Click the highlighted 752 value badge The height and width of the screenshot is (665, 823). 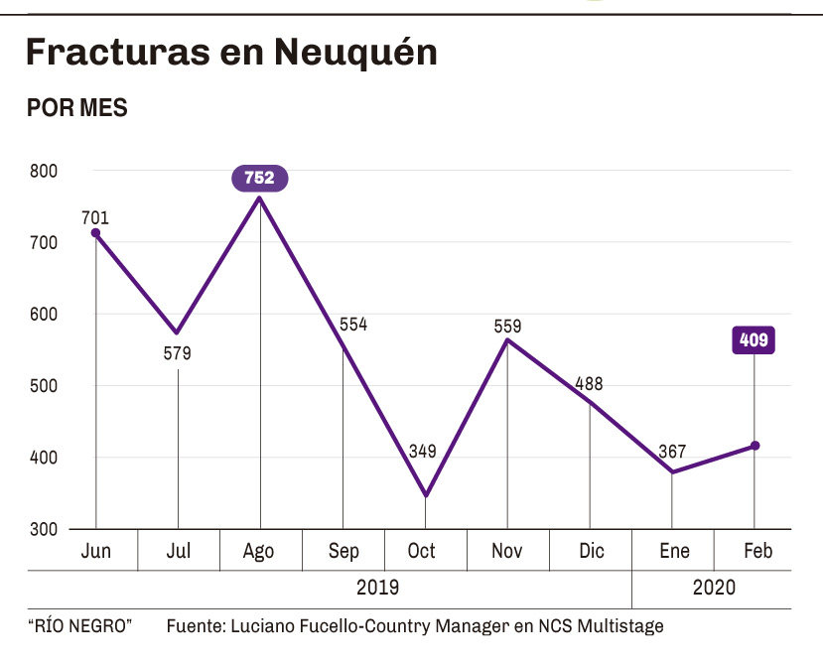click(260, 179)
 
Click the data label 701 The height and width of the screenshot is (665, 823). click(96, 218)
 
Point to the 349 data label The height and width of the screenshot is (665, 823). click(423, 452)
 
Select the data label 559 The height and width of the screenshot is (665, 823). click(507, 326)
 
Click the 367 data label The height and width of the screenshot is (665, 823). click(672, 452)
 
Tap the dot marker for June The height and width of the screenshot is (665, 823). click(96, 233)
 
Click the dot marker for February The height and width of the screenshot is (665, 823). click(755, 446)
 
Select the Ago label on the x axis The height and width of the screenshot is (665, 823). click(259, 552)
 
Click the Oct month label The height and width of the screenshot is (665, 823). click(422, 552)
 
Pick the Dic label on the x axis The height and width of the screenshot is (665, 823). click(591, 552)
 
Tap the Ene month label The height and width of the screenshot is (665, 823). click(674, 552)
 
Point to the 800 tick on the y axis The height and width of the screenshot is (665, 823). click(44, 171)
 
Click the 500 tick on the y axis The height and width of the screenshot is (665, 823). click(44, 386)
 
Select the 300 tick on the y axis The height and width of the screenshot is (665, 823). click(44, 529)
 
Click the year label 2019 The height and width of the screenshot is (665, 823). click(377, 588)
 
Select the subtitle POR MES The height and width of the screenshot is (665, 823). click(77, 108)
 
